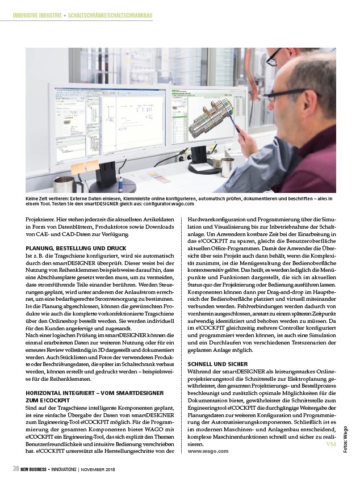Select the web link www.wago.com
pyautogui.click(x=208, y=451)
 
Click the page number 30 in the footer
pyautogui.click(x=17, y=469)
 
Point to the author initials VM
pyautogui.click(x=332, y=444)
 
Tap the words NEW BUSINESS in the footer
pyautogui.click(x=39, y=469)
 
